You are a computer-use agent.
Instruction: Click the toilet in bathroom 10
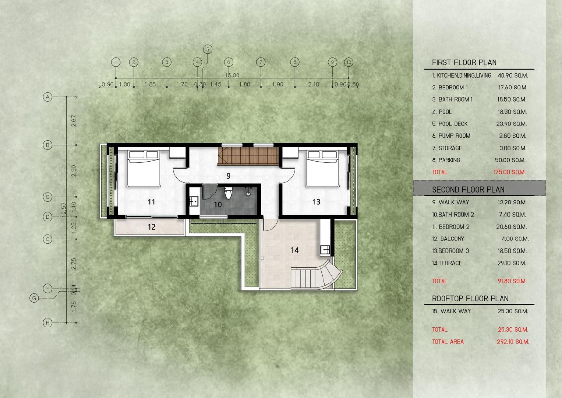(228, 193)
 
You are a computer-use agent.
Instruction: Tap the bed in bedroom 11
(144, 168)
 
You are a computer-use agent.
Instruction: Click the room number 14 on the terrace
(294, 250)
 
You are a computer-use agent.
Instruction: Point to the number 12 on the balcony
(152, 227)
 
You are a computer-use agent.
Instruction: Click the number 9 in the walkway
(228, 176)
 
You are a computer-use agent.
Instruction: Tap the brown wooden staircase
(248, 156)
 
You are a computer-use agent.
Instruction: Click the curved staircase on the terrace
(317, 275)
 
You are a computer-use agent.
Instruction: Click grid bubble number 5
(208, 49)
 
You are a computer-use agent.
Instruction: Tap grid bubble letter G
(34, 298)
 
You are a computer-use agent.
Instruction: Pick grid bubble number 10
(349, 62)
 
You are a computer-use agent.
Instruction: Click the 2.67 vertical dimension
(74, 121)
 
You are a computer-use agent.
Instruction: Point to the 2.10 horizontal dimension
(314, 84)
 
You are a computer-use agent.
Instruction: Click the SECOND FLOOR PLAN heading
(468, 190)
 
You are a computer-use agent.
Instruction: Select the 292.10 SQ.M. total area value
(513, 342)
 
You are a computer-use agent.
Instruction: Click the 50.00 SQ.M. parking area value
(510, 160)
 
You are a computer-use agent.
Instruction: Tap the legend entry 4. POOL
(442, 112)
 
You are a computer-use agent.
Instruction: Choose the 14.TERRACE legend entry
(447, 263)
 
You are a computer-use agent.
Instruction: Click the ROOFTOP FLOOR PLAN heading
(470, 299)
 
